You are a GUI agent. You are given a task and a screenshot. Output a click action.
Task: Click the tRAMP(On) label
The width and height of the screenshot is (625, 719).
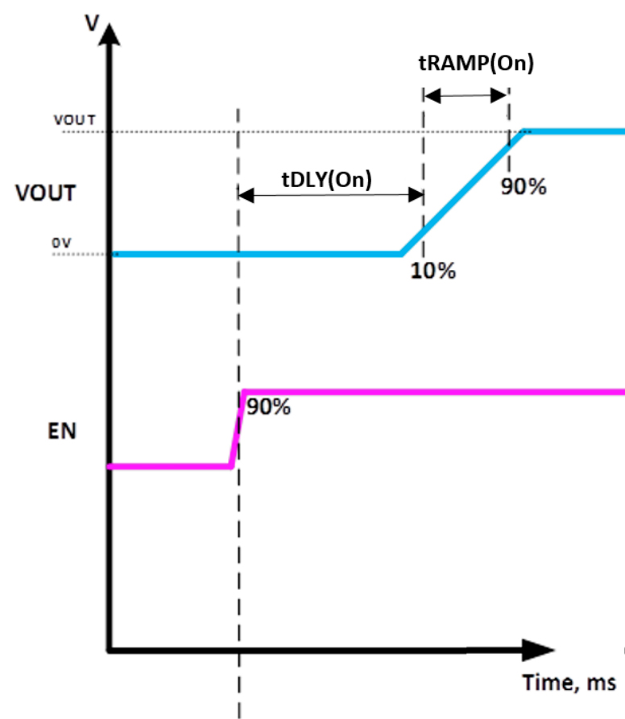[x=476, y=63]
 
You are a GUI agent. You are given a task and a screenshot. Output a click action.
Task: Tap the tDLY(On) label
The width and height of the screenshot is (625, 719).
[x=327, y=179]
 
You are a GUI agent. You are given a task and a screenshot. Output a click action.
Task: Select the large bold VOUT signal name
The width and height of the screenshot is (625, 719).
[x=45, y=193]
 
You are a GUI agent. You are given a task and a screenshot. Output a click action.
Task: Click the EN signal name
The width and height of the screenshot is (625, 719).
[x=62, y=431]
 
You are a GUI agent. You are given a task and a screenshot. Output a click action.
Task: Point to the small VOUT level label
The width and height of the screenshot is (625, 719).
[x=75, y=119]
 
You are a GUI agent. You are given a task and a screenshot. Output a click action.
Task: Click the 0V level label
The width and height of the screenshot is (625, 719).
[x=61, y=243]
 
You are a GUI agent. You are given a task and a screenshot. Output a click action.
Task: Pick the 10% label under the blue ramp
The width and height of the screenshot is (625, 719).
[x=433, y=271]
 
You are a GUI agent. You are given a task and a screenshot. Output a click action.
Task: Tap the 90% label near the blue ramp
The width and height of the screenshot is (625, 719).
[x=524, y=187]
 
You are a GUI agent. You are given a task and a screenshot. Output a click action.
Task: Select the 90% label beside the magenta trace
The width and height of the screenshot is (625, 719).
[x=268, y=407]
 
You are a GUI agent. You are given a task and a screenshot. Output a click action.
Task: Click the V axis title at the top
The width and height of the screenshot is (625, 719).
[x=92, y=23]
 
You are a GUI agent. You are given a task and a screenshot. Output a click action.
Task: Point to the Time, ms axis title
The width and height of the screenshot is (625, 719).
[x=569, y=682]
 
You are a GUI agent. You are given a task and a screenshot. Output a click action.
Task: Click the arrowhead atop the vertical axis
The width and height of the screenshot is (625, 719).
[x=109, y=34]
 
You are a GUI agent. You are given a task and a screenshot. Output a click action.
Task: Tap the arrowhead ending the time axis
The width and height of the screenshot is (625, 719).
[x=538, y=650]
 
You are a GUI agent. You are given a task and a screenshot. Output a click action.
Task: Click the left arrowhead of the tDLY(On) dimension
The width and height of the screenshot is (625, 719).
[x=246, y=195]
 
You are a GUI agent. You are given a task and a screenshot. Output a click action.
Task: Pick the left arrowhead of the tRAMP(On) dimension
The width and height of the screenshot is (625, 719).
[x=432, y=96]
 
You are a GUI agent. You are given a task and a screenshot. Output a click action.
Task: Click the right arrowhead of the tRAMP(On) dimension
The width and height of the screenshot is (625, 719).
[x=499, y=95]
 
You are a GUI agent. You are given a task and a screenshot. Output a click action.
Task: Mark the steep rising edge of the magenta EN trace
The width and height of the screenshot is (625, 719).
[x=237, y=429]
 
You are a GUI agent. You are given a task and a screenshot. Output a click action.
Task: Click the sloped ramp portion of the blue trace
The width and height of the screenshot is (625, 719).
[x=462, y=193]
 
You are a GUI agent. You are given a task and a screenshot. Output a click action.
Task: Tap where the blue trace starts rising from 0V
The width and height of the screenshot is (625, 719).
[x=401, y=254]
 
